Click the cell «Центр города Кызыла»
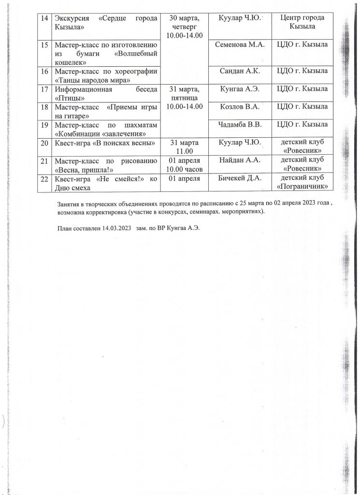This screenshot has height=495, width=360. [302, 22]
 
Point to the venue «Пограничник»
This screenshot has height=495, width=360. [302, 187]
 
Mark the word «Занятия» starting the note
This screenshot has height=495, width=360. [68, 204]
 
